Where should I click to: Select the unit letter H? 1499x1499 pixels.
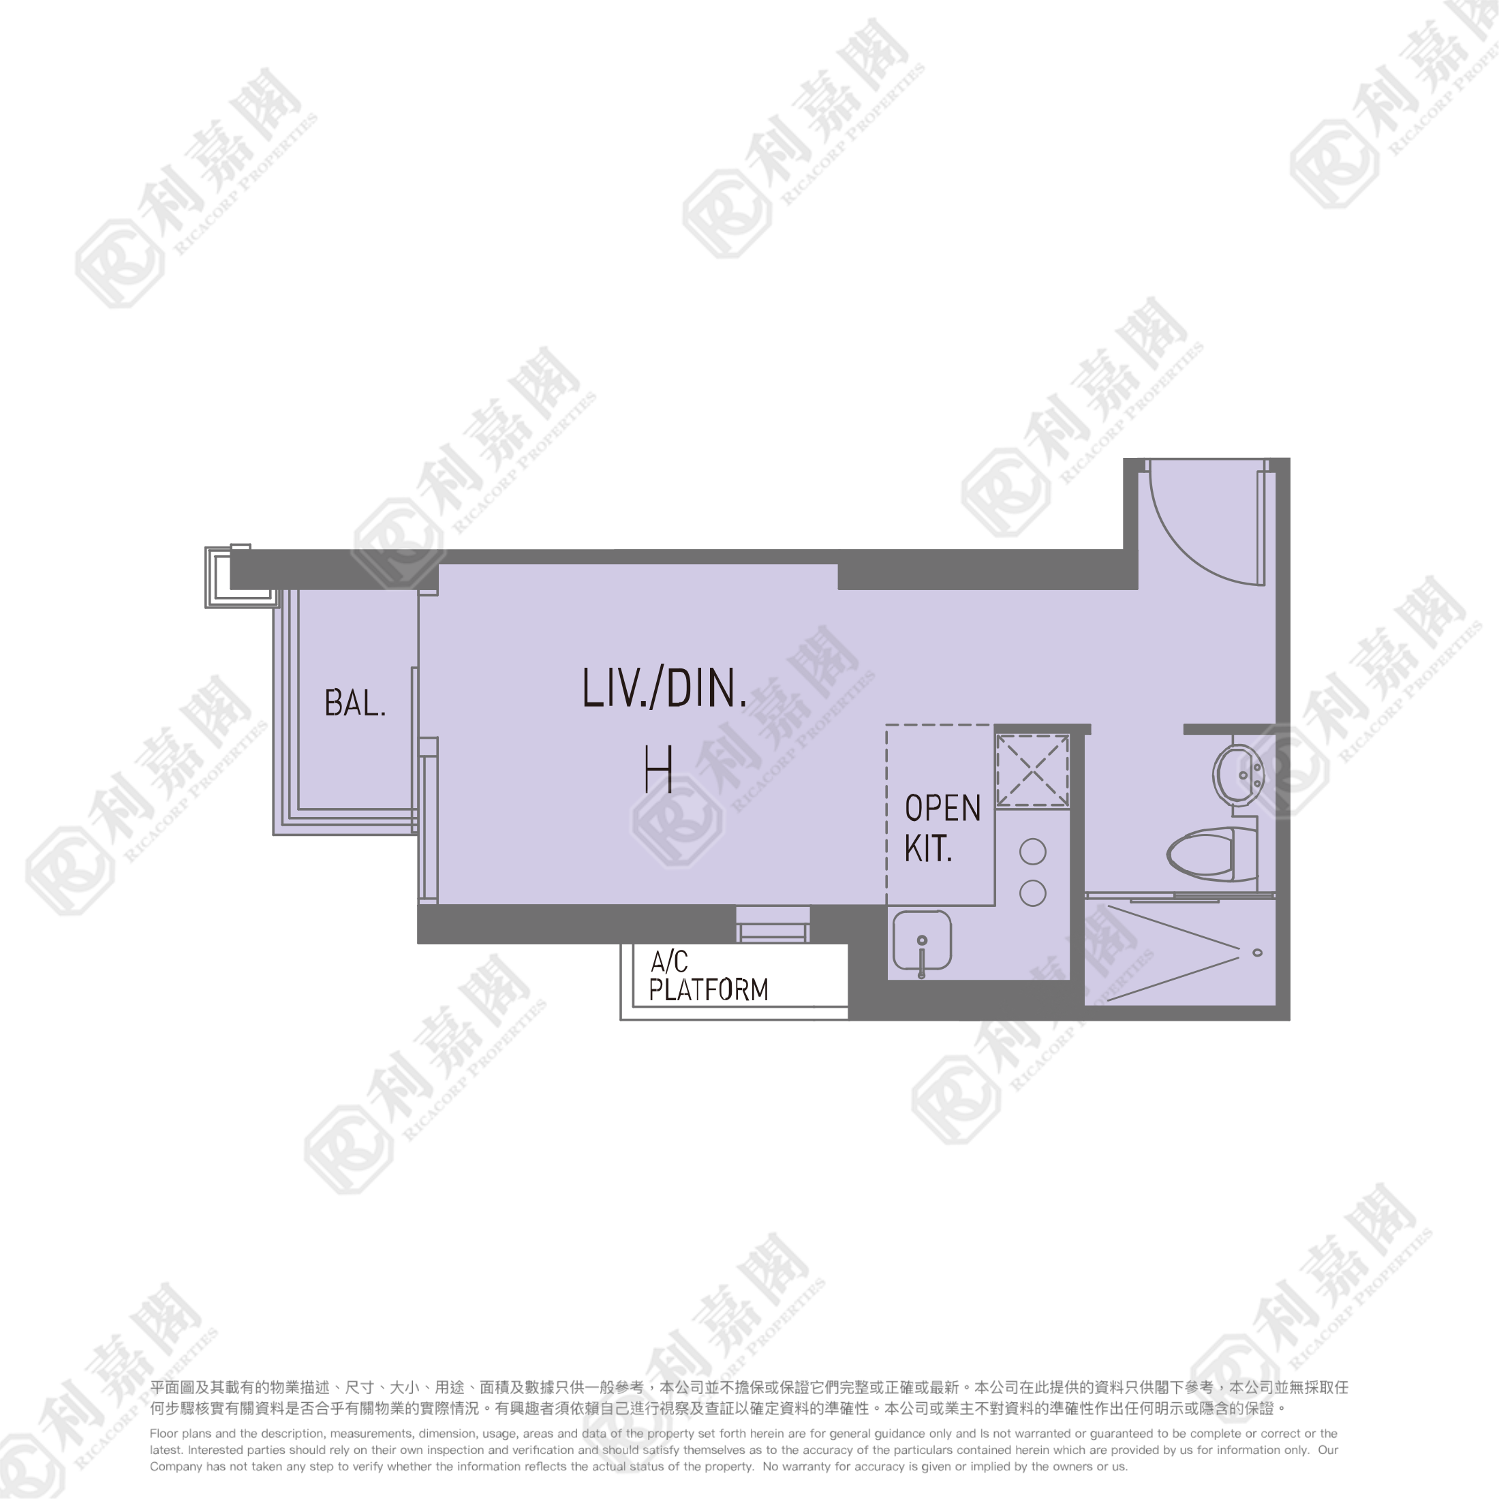pyautogui.click(x=658, y=768)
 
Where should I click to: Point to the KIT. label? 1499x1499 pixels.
pyautogui.click(x=928, y=849)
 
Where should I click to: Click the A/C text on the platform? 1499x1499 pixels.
pyautogui.click(x=669, y=961)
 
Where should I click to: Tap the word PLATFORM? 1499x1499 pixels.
pyautogui.click(x=709, y=990)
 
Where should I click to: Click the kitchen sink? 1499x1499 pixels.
pyautogui.click(x=922, y=941)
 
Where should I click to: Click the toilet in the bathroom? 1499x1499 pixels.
pyautogui.click(x=1212, y=854)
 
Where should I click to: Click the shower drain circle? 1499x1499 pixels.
pyautogui.click(x=1258, y=953)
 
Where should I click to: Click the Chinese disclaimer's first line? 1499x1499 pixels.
pyautogui.click(x=749, y=1387)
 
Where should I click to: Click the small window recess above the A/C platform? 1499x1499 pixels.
pyautogui.click(x=773, y=923)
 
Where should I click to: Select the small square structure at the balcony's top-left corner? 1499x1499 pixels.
pyautogui.click(x=241, y=576)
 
